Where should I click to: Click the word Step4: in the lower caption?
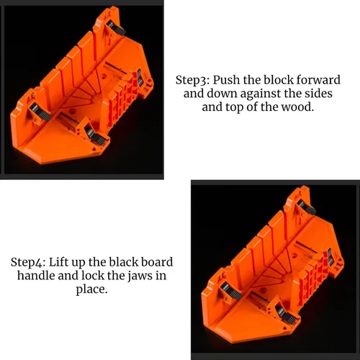coord(28,263)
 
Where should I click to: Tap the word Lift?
coord(58,262)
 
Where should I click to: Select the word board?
coord(157,262)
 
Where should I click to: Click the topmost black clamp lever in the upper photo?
coord(116,28)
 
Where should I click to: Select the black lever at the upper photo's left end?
coord(40,113)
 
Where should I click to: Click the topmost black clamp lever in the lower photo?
coord(307,208)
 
